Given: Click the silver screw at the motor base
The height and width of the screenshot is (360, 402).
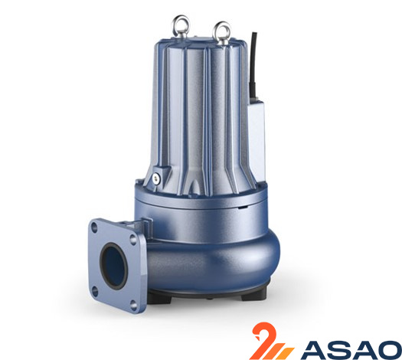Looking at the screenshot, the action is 155,178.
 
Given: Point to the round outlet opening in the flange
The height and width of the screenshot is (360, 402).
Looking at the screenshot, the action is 113,266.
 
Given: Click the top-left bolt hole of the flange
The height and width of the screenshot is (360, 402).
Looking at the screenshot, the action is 94,227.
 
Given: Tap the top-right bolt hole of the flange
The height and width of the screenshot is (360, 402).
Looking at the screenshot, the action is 133,240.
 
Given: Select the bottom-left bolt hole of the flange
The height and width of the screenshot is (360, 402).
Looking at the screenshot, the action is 95,292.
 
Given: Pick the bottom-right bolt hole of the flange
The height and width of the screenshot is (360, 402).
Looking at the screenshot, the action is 133,305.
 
